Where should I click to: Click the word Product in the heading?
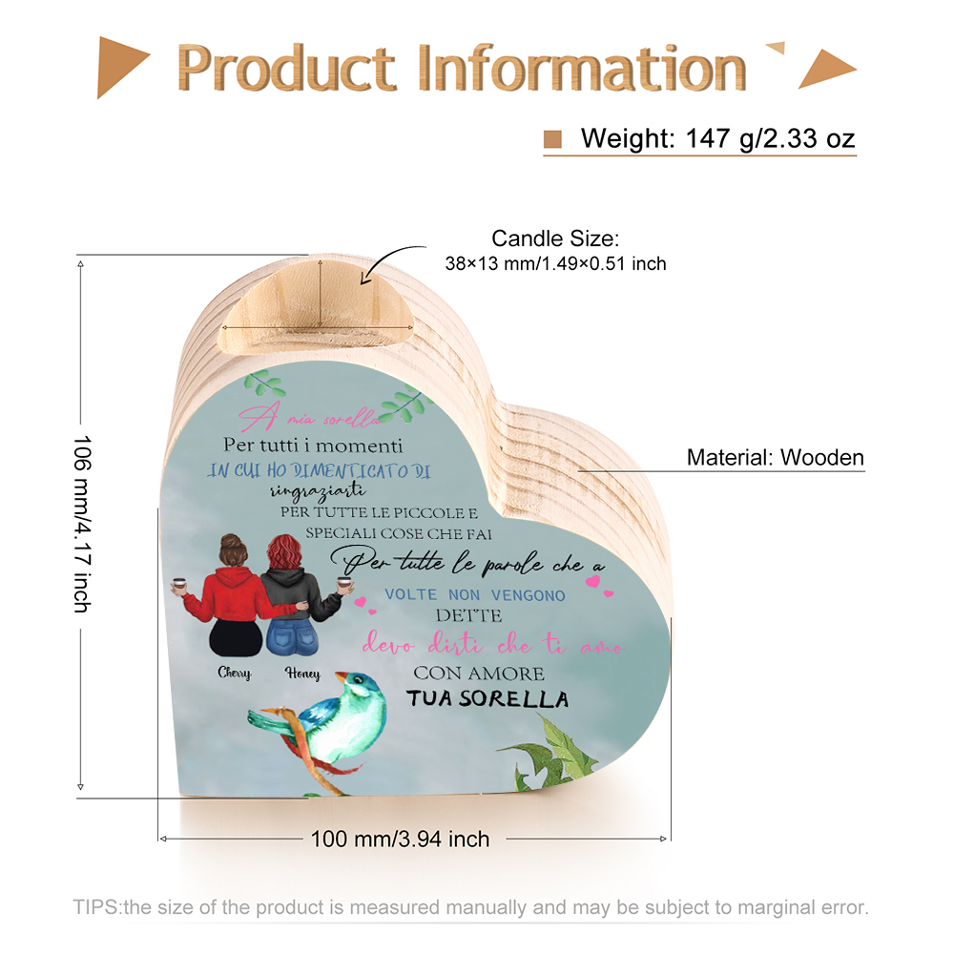(286, 68)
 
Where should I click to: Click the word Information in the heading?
(582, 68)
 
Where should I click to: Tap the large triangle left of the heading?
(122, 67)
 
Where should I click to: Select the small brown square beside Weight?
(552, 139)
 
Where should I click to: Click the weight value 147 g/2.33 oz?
(770, 138)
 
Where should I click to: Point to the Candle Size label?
(555, 238)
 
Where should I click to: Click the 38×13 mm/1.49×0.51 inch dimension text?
(555, 263)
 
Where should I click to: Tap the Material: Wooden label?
(775, 457)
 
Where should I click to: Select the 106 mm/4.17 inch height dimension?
(82, 523)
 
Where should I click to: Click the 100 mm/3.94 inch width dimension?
(400, 839)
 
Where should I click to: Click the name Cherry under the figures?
(235, 673)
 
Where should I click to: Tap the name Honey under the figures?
(302, 674)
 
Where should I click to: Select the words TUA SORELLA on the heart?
(487, 698)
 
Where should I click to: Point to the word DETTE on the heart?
(468, 615)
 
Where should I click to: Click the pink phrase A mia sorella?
(309, 417)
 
